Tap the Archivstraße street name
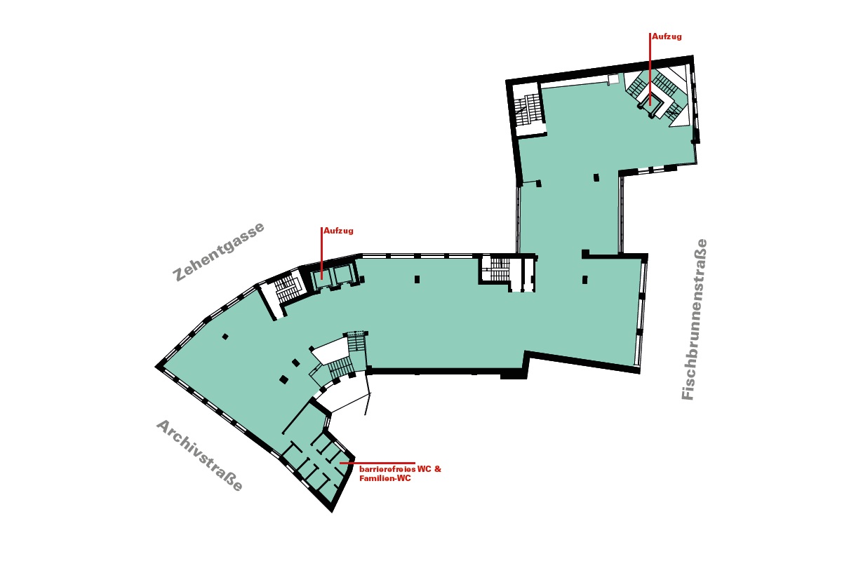(199, 455)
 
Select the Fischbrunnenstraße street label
(695, 320)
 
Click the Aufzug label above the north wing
(666, 35)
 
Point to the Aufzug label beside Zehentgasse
(338, 230)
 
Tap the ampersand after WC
(438, 468)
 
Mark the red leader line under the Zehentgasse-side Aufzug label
(321, 252)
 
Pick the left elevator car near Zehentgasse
(323, 275)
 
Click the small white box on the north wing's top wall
(613, 79)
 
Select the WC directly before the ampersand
(425, 468)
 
